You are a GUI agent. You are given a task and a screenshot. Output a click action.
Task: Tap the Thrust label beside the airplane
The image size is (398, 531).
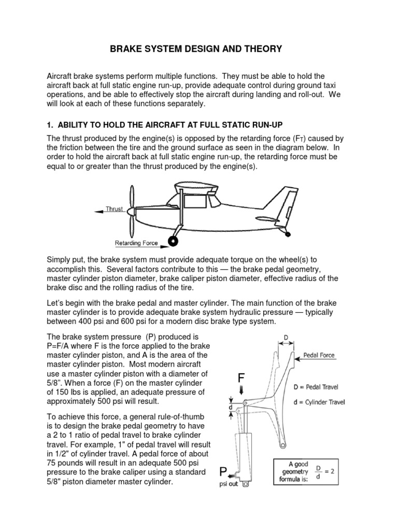click(114, 209)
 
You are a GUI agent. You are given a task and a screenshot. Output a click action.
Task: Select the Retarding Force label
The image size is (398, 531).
click(136, 242)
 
